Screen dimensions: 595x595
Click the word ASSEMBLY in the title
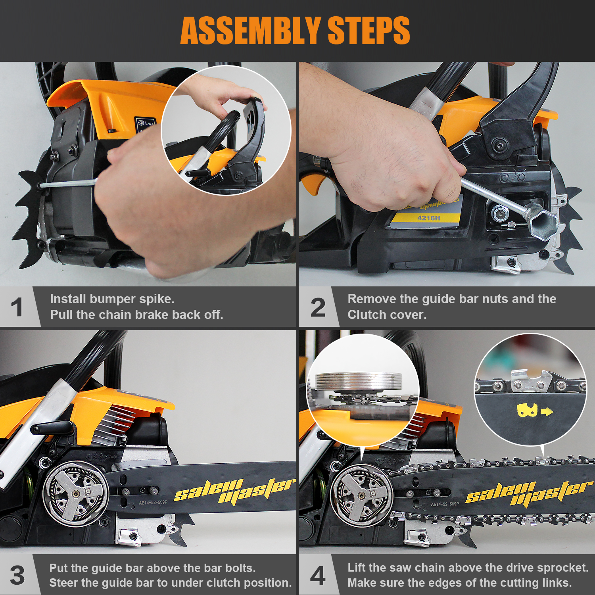click(251, 31)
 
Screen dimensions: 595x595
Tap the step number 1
click(17, 307)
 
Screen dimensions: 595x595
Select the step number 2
click(318, 307)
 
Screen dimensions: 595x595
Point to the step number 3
click(17, 576)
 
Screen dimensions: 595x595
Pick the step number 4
click(318, 576)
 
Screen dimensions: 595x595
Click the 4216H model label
click(428, 218)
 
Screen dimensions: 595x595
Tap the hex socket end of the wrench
click(541, 222)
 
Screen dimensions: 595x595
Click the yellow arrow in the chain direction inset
click(547, 412)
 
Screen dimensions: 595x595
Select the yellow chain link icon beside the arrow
click(527, 410)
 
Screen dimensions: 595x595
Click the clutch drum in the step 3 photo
click(76, 494)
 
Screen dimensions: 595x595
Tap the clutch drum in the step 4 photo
click(361, 496)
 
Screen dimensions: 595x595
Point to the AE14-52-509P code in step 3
click(153, 502)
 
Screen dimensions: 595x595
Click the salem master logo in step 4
click(529, 493)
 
